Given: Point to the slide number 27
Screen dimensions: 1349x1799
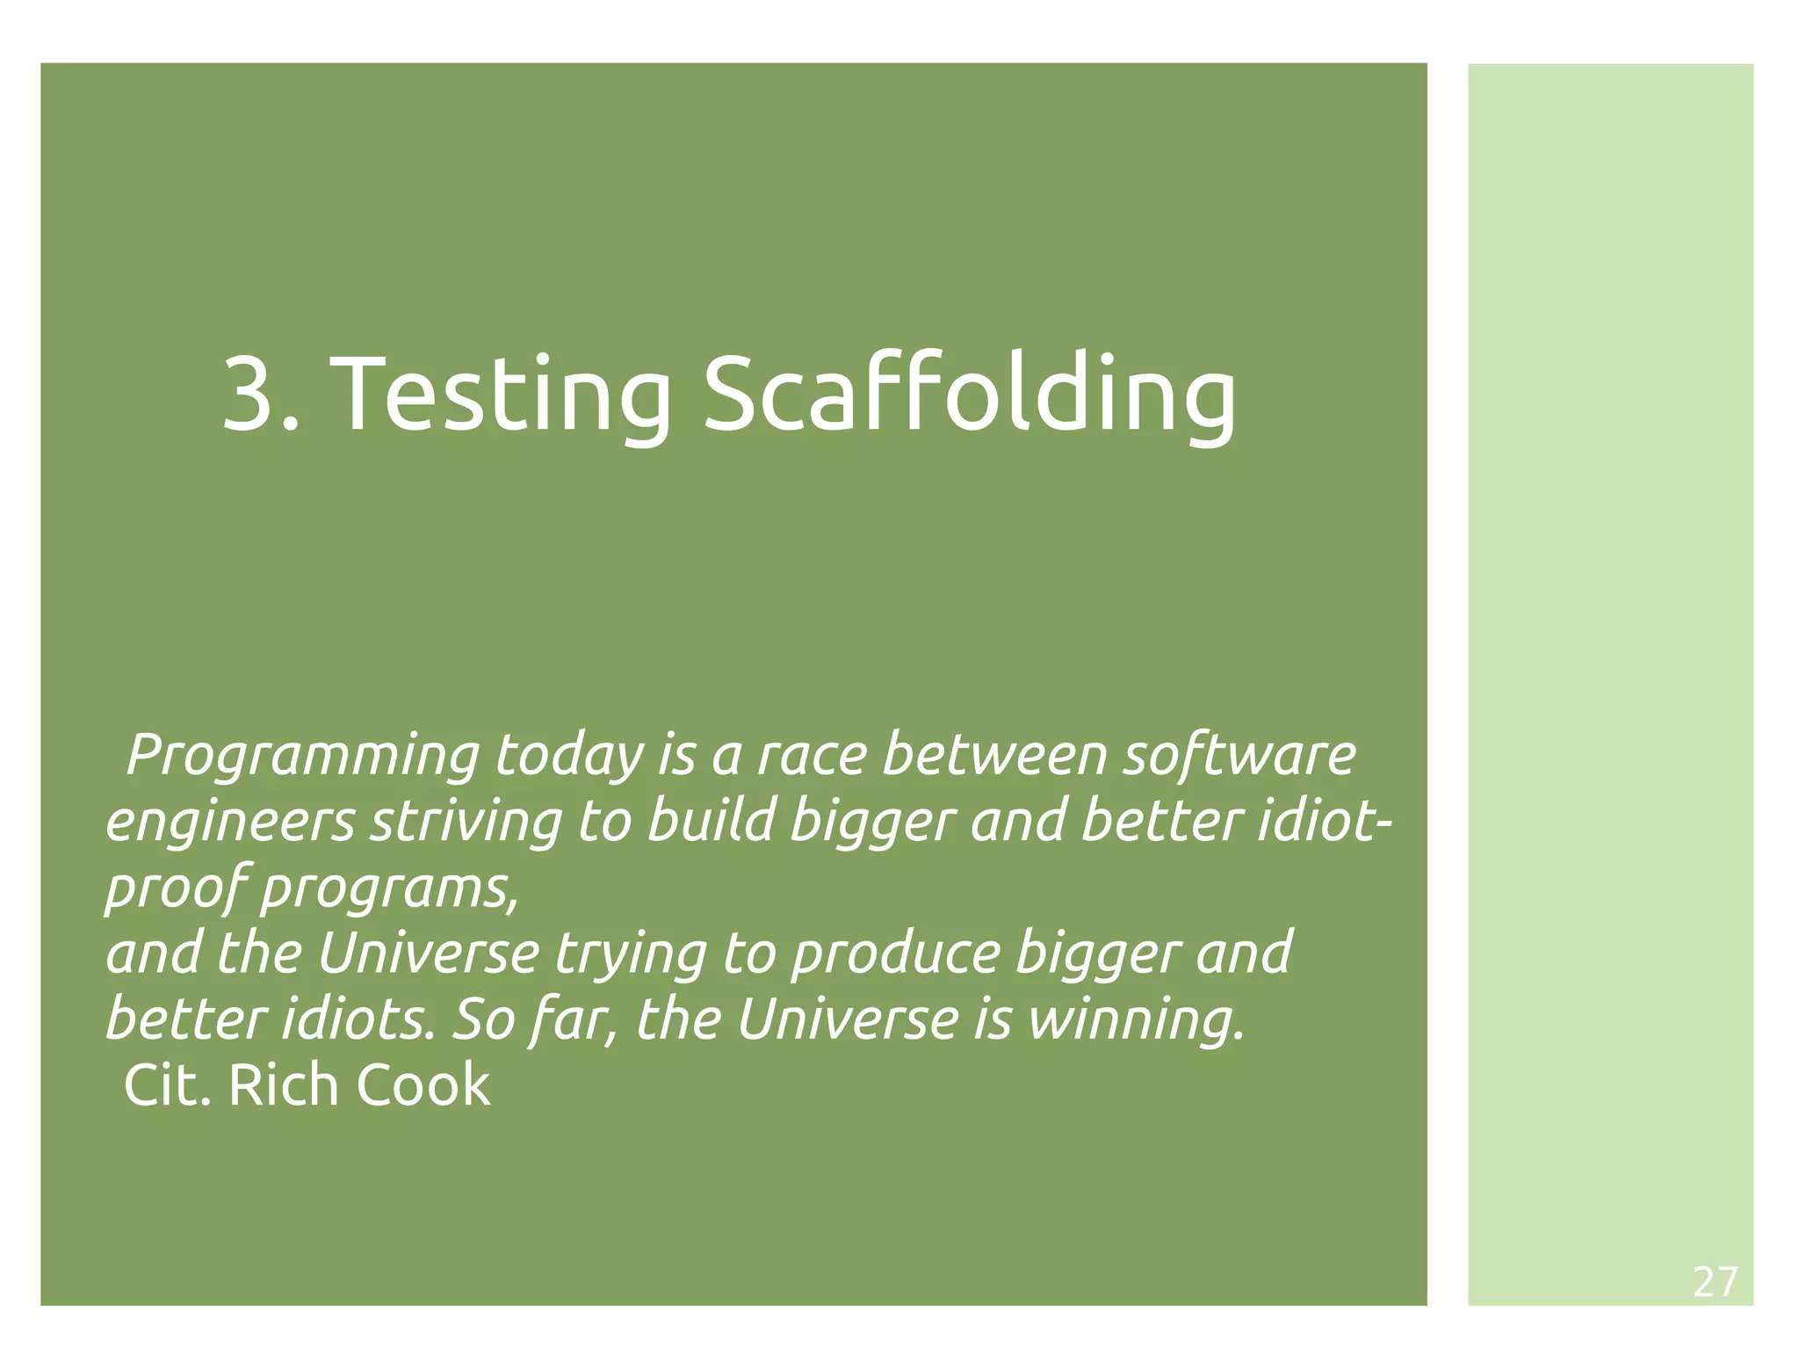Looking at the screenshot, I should coord(1715,1282).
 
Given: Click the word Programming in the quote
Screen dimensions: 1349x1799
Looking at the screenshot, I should coord(303,757).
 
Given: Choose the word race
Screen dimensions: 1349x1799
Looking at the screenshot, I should coord(812,757).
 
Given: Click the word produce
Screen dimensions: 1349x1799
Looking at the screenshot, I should coord(895,954).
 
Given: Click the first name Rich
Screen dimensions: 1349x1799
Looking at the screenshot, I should coord(283,1085).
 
